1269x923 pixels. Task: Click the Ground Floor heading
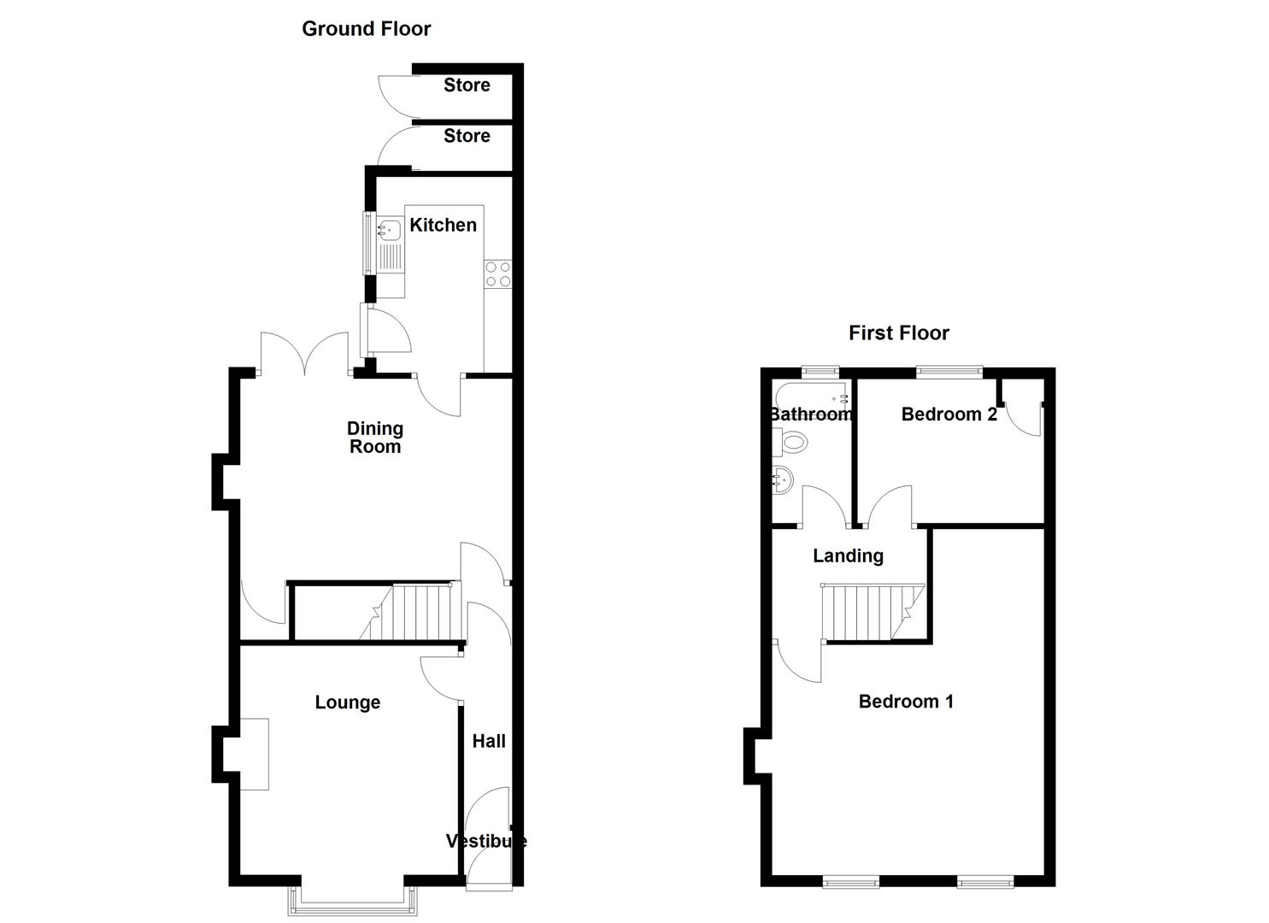coord(366,29)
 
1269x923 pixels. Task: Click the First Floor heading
coord(898,333)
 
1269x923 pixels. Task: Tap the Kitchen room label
coord(443,225)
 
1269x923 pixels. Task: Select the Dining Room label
coord(375,438)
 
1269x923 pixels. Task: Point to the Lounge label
coord(347,703)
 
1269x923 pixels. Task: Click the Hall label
coord(489,741)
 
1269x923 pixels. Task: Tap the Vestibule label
coord(486,841)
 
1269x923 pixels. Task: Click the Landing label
coord(848,556)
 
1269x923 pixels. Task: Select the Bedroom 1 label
coord(906,702)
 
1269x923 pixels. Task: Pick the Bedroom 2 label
coord(949,414)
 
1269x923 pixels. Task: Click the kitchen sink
coord(390,229)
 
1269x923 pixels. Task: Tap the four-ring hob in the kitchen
coord(498,273)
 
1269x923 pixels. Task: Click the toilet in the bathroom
coord(792,442)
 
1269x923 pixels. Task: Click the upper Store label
coord(467,85)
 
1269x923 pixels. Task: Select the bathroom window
coord(820,371)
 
